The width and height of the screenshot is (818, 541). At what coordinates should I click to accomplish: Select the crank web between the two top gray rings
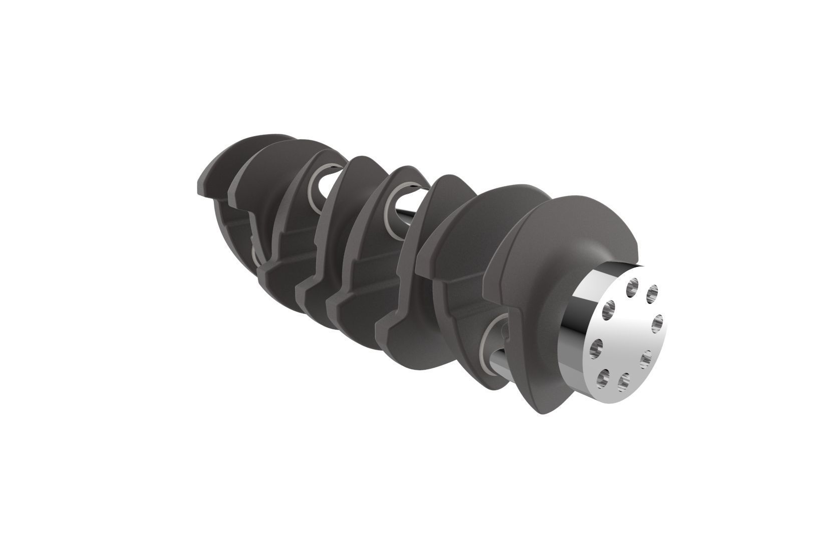pos(351,200)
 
